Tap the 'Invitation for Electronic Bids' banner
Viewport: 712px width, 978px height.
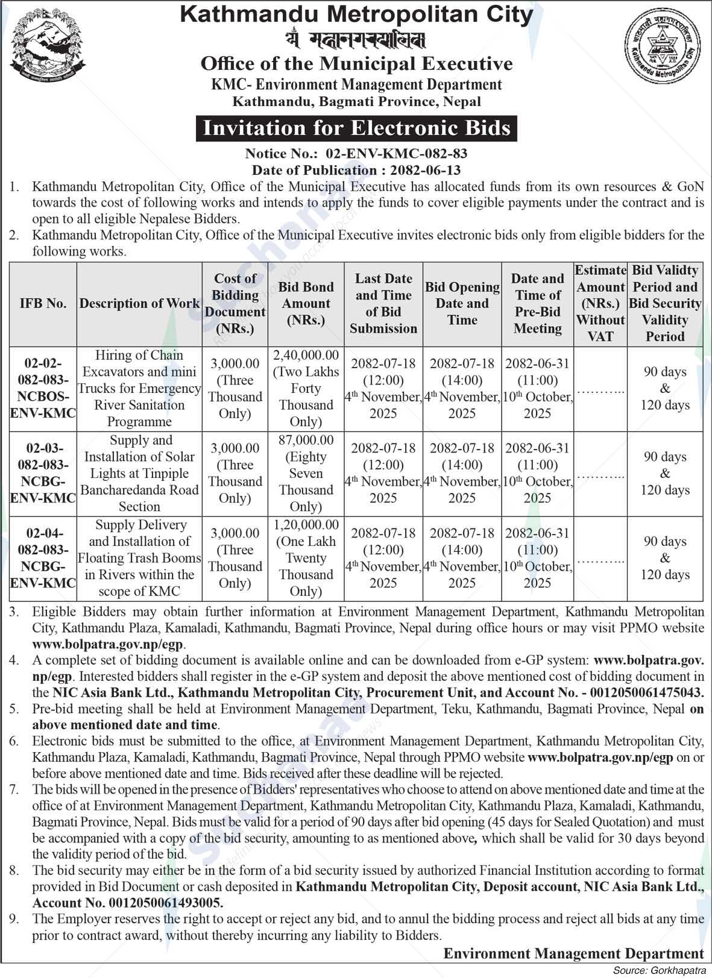click(356, 128)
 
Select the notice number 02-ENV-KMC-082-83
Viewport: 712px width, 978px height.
click(396, 154)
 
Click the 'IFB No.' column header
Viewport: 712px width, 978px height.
click(43, 304)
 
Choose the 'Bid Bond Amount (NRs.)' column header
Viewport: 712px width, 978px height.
click(306, 304)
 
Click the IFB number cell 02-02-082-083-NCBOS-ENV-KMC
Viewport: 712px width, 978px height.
click(43, 388)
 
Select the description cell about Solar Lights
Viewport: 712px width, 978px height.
click(139, 474)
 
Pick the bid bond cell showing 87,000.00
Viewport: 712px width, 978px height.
click(306, 474)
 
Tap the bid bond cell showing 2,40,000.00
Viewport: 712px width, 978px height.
click(306, 388)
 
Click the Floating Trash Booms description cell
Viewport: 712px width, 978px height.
click(139, 558)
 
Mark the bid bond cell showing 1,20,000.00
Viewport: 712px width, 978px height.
click(306, 558)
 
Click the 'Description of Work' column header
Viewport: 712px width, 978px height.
click(139, 304)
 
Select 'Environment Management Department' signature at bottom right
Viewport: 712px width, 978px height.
click(573, 953)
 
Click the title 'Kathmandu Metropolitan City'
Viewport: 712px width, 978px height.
click(356, 14)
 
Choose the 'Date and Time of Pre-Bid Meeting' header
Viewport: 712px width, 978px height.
click(537, 304)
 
